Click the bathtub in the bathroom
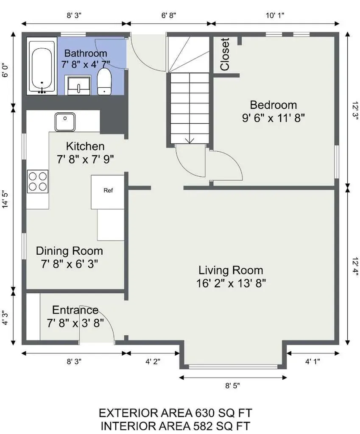[x=42, y=67]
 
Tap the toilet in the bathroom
[x=104, y=81]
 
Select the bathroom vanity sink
[x=78, y=85]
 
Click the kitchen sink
[x=65, y=122]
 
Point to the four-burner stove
[x=38, y=181]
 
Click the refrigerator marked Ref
[x=107, y=192]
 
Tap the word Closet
[x=225, y=54]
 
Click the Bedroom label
[x=273, y=105]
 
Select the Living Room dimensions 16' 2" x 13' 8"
[x=231, y=284]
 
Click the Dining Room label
[x=70, y=251]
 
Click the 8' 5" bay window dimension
[x=232, y=386]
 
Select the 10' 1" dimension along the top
[x=275, y=15]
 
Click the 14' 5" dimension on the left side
[x=6, y=199]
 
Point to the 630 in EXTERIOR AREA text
[x=205, y=413]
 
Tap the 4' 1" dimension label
[x=313, y=362]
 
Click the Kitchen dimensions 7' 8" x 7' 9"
[x=85, y=159]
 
